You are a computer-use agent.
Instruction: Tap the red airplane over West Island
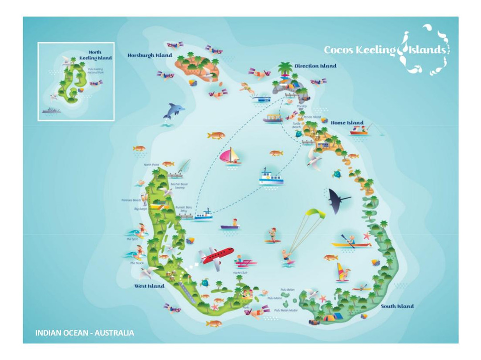coord(216,257)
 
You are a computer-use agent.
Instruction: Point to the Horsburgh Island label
coord(150,56)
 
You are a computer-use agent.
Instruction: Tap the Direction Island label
coord(315,66)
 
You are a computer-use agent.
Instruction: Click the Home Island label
coord(347,123)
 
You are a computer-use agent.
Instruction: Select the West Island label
coord(149,286)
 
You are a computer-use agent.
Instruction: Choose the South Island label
coord(397,306)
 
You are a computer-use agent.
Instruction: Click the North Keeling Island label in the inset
coord(95,55)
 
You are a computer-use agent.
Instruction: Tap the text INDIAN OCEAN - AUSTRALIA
coord(85,333)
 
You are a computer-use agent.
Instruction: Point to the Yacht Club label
coord(240,273)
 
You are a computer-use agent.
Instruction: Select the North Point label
coord(151,165)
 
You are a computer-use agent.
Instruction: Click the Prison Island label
coord(312,117)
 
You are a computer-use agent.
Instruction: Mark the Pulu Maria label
coord(274,298)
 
